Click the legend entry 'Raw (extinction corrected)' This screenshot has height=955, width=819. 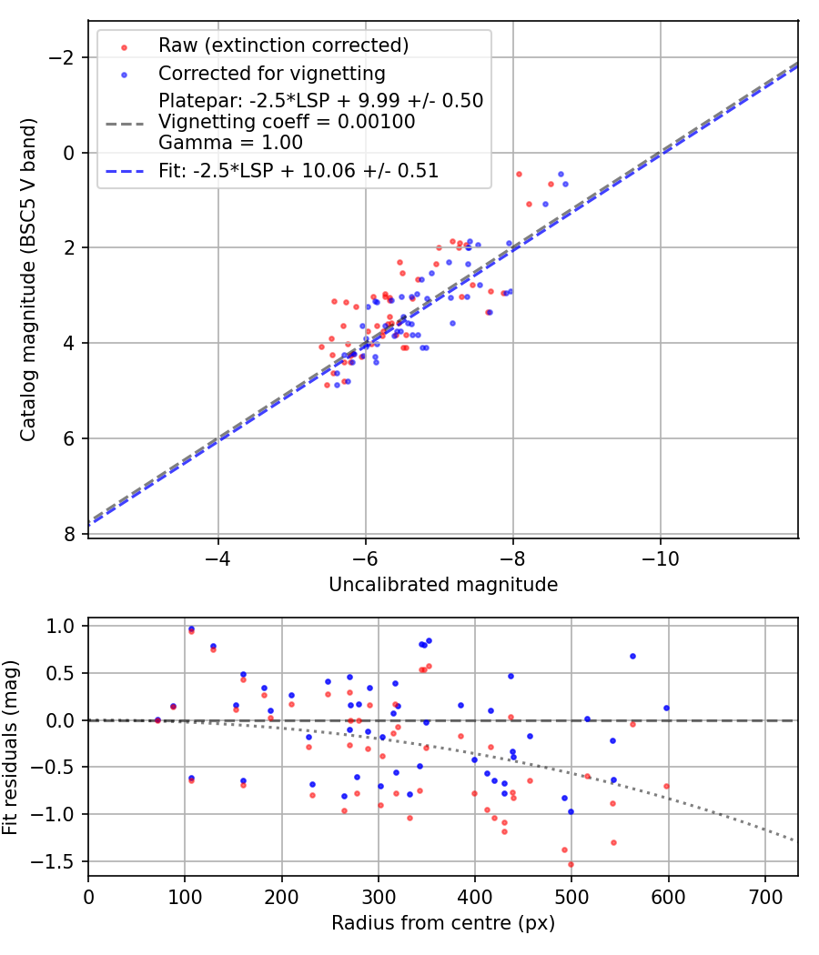coord(283,45)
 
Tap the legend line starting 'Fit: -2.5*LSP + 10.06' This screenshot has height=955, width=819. coord(298,170)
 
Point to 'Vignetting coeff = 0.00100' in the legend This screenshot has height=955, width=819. coord(287,122)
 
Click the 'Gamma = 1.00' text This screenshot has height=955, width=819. coord(230,143)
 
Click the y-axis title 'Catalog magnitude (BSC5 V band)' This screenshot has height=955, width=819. coord(28,279)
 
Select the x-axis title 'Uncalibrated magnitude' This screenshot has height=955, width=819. coord(443,585)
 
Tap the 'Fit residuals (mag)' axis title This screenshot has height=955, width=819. coord(11,745)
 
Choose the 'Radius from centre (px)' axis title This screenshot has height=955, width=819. coord(443,923)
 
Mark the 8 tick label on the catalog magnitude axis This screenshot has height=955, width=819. coord(71,534)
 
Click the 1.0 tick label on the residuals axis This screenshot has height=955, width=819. coord(61,626)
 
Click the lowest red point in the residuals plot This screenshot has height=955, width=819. coord(571,864)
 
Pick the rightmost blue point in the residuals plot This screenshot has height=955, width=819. coord(666,708)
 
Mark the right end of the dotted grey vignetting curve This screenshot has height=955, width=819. coord(794,840)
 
